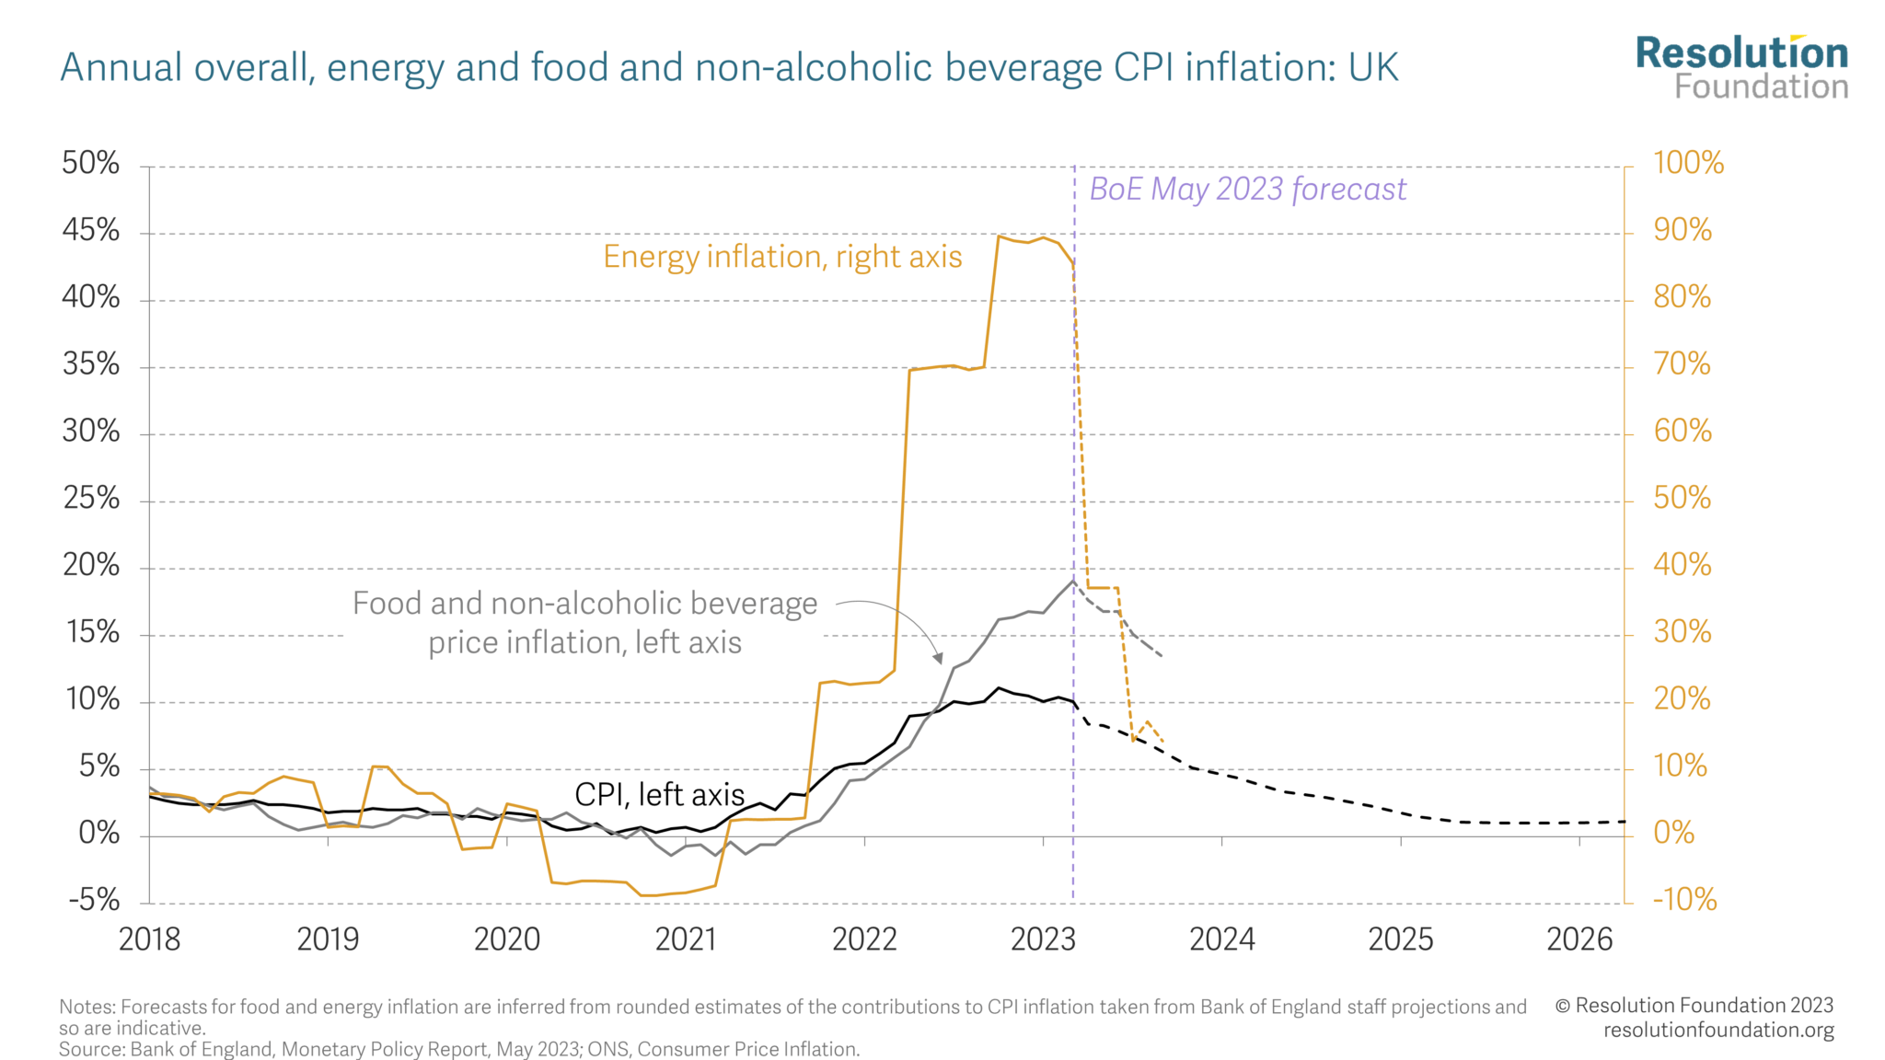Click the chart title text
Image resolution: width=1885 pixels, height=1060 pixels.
point(729,68)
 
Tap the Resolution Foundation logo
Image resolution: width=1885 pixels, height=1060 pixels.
point(1741,67)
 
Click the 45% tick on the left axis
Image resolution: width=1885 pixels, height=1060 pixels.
point(91,230)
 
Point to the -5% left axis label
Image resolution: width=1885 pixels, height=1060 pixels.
point(94,900)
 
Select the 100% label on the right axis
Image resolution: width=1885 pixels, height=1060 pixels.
point(1688,164)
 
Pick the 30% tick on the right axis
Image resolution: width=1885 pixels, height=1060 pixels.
point(1682,632)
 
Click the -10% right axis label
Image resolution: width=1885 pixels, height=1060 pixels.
point(1684,900)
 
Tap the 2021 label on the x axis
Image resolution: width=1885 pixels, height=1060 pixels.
point(686,939)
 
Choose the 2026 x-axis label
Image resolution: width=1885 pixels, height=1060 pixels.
point(1579,939)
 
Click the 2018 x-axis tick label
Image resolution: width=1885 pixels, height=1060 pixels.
point(150,939)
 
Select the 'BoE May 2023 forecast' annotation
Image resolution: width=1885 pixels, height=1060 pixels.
point(1247,190)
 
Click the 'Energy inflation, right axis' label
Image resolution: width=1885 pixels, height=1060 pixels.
point(782,257)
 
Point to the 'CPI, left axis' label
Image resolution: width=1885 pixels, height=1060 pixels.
point(659,795)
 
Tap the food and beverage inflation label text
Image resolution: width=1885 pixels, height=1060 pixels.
point(585,623)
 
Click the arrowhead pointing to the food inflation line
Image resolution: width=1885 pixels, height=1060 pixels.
point(939,658)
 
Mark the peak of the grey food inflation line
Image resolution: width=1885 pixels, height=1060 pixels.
point(1072,581)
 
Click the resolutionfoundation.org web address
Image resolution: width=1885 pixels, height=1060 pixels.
point(1718,1030)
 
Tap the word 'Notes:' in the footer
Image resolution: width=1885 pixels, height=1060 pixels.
point(87,1008)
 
